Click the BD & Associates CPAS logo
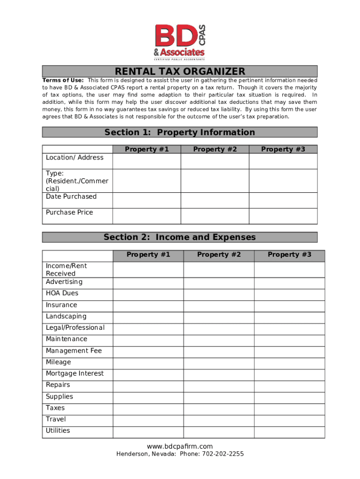(180, 42)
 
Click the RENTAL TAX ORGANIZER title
(180, 72)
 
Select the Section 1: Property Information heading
(180, 132)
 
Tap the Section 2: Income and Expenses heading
(180, 237)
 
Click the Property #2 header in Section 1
(215, 149)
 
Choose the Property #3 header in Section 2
(289, 254)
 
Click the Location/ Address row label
(75, 158)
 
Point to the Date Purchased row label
(71, 196)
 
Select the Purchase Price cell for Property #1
(146, 216)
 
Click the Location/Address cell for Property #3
(283, 161)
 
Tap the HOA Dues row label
(62, 293)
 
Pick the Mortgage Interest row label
(75, 373)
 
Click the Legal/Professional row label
(75, 327)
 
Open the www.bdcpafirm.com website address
(180, 446)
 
